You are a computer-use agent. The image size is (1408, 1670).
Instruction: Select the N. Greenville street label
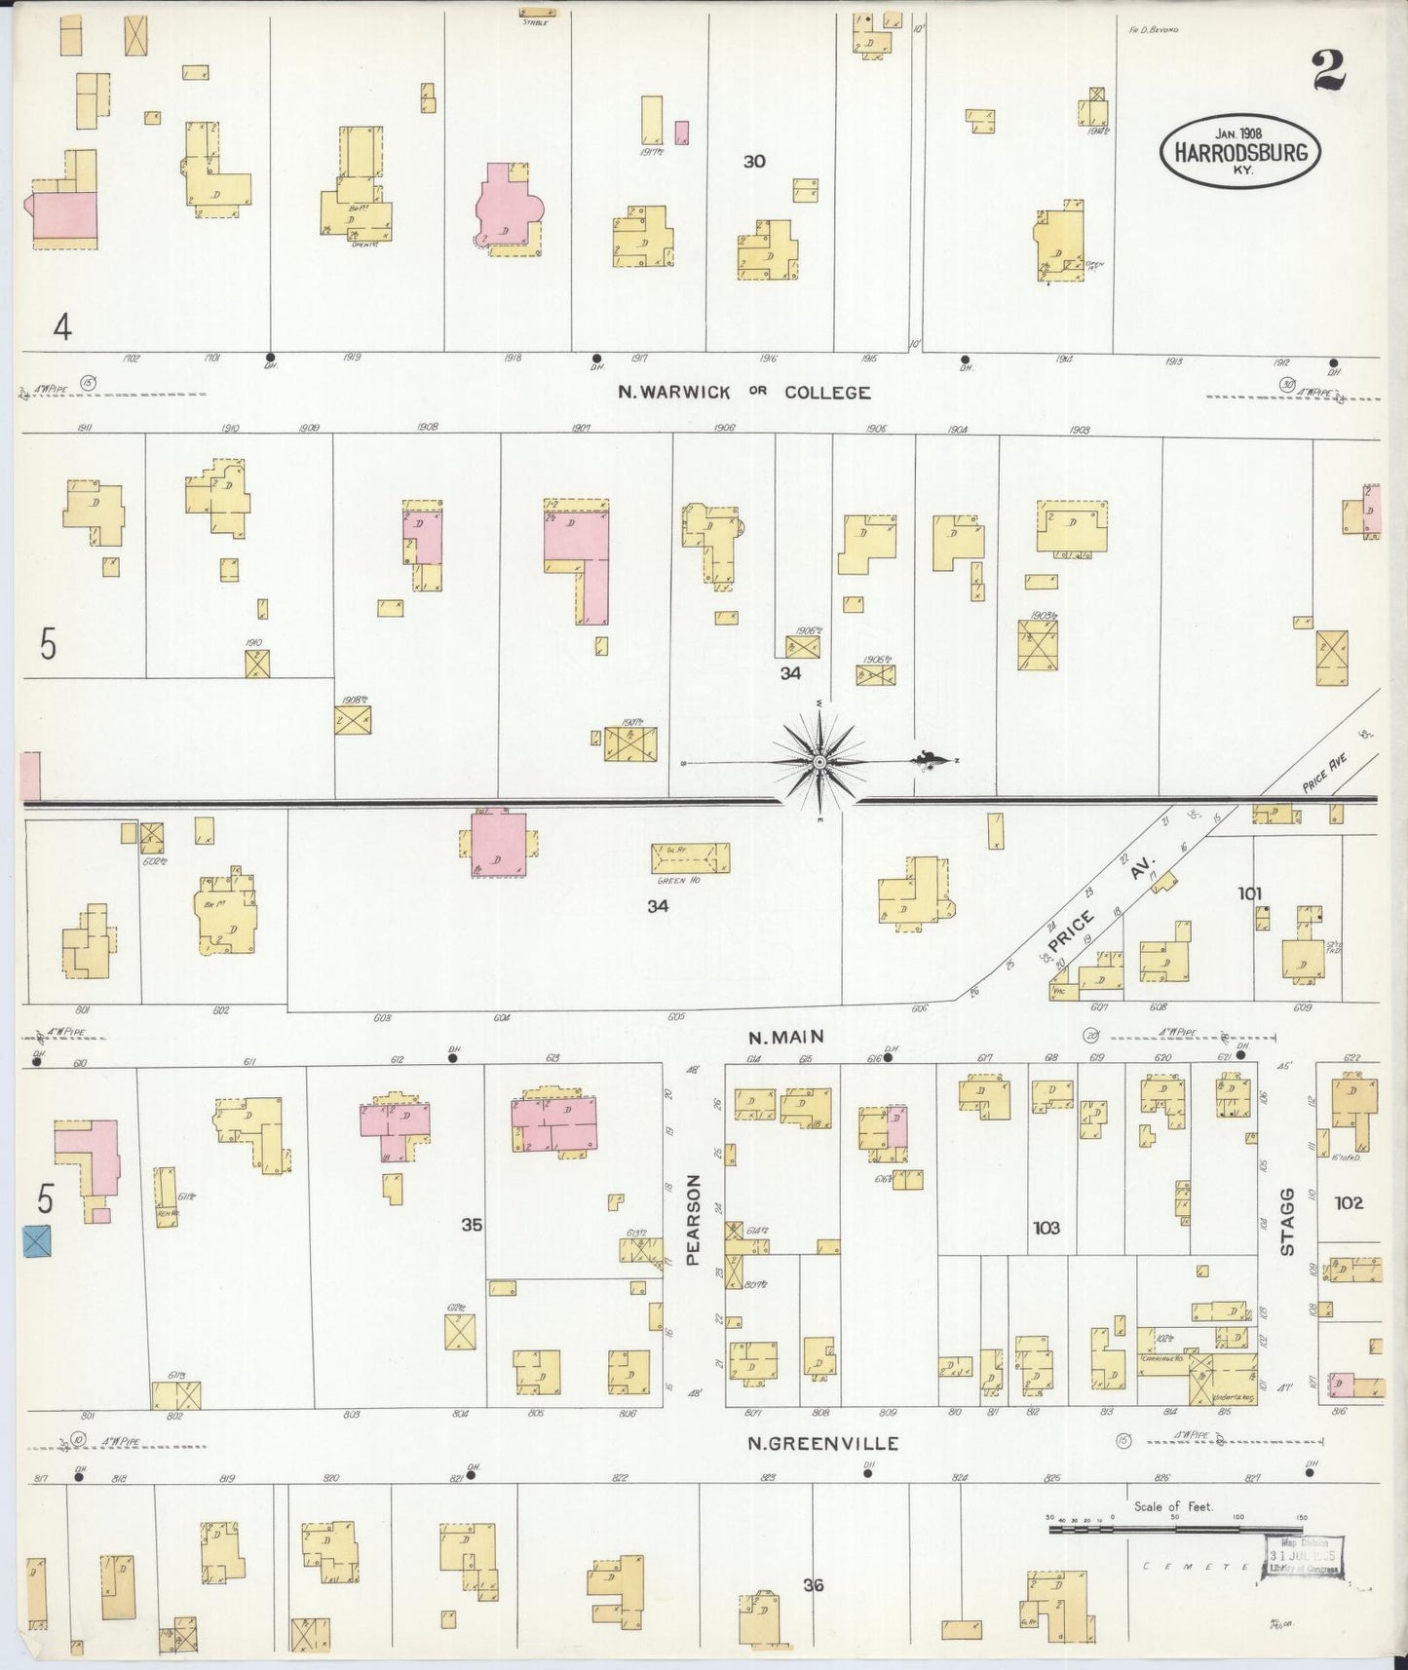pyautogui.click(x=822, y=1443)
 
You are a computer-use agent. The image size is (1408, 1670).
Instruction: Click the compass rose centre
pyautogui.click(x=819, y=761)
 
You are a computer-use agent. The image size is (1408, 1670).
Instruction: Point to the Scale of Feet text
pyautogui.click(x=1173, y=1505)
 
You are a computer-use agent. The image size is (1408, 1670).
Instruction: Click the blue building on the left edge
pyautogui.click(x=37, y=1240)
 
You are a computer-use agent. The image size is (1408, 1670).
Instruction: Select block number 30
pyautogui.click(x=754, y=162)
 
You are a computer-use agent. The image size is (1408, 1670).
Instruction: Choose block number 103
pyautogui.click(x=1047, y=1228)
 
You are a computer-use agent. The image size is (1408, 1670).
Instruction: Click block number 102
pyautogui.click(x=1350, y=1202)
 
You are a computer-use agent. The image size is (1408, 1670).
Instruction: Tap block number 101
pyautogui.click(x=1250, y=892)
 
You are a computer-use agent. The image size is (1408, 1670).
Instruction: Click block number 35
pyautogui.click(x=472, y=1225)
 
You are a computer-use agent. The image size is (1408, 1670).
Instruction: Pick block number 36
pyautogui.click(x=813, y=1585)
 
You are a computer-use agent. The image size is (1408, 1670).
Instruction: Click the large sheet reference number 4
pyautogui.click(x=62, y=328)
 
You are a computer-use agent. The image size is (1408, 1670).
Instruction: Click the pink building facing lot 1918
pyautogui.click(x=504, y=202)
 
